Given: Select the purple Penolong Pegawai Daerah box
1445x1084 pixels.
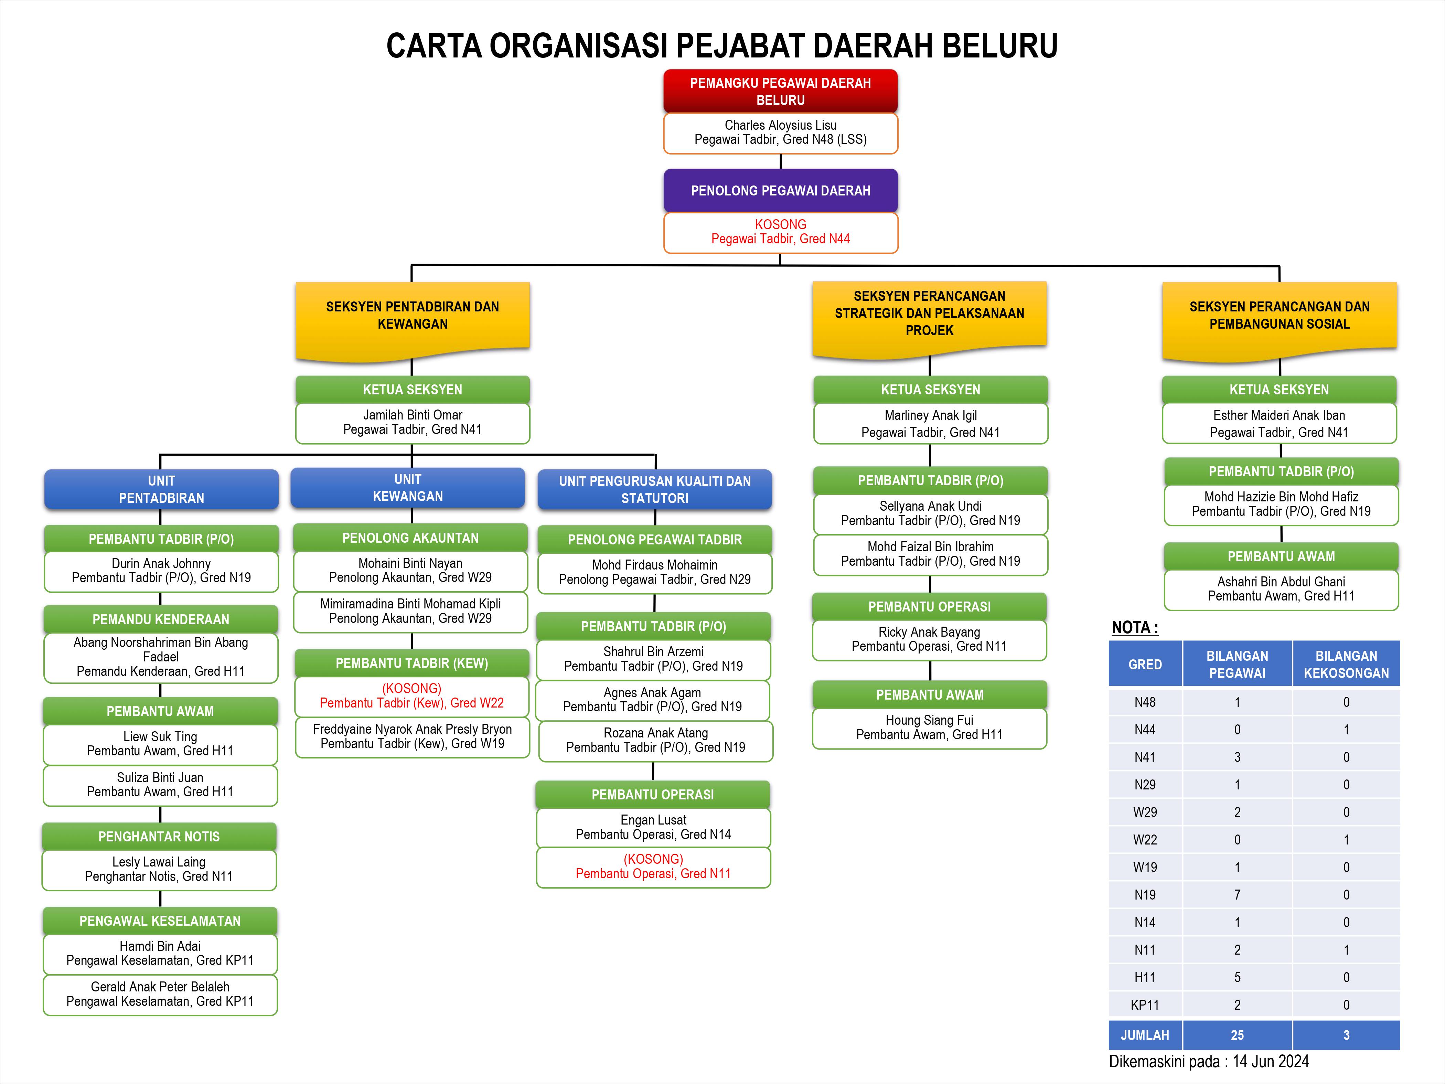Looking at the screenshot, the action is [x=781, y=191].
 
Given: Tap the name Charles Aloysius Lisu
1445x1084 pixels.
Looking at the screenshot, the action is [x=781, y=125].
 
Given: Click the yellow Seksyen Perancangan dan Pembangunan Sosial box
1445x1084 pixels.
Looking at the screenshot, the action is [x=1279, y=320].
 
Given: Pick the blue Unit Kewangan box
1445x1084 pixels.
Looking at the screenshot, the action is [x=408, y=487].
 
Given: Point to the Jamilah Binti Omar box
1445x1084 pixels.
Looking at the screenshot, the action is [x=412, y=423].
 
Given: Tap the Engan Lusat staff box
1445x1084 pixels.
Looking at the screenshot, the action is [x=653, y=827].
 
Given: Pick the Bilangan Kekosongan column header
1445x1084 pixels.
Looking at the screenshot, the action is [x=1346, y=664].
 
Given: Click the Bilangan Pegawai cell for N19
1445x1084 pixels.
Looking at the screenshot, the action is [x=1237, y=894].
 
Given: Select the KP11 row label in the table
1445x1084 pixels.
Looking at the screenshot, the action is [x=1145, y=1005].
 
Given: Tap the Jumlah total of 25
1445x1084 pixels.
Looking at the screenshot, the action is [x=1237, y=1035].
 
